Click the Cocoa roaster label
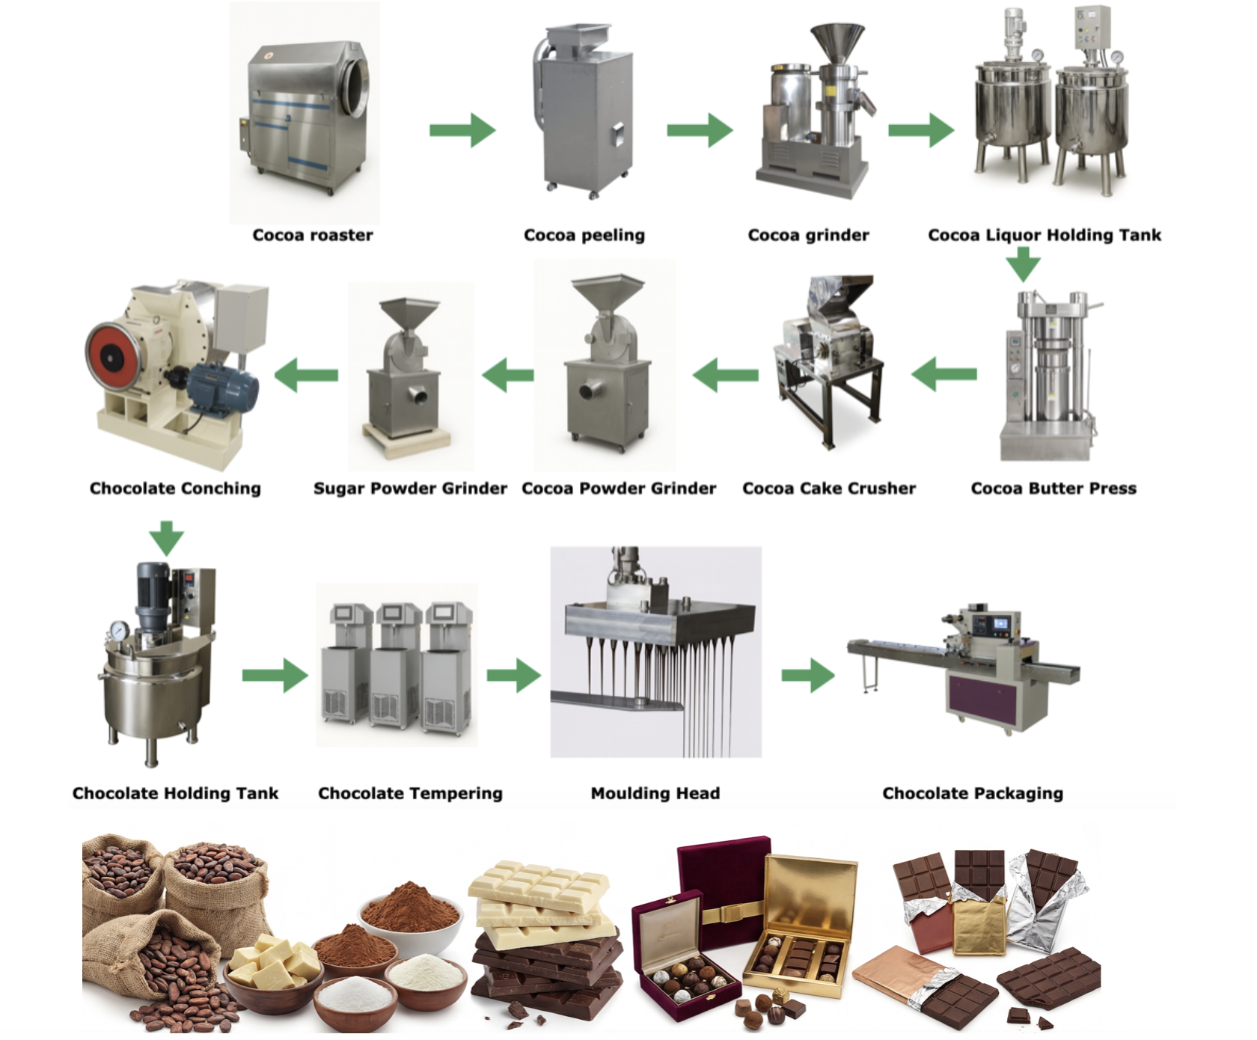tap(312, 235)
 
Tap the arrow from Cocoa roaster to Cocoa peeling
tap(462, 130)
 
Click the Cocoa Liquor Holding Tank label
tap(1044, 235)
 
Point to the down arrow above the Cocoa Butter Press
tap(1023, 264)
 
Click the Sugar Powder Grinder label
tap(409, 489)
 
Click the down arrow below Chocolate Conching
tap(166, 537)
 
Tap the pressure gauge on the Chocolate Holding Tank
tap(117, 631)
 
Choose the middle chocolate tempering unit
tap(395, 666)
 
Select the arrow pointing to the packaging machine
tap(808, 676)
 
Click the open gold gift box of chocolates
tap(804, 928)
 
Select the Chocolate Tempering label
tap(410, 793)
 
